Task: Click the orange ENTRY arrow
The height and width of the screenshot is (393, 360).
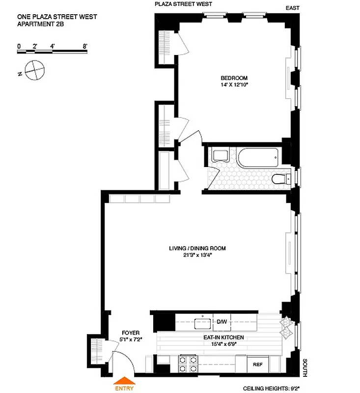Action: [x=124, y=380]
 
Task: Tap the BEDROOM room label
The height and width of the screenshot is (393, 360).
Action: [x=234, y=78]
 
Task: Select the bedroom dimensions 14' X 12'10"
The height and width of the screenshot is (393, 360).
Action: [x=234, y=84]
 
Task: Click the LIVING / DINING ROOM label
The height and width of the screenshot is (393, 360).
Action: [x=197, y=249]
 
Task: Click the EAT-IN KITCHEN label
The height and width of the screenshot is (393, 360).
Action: [x=224, y=338]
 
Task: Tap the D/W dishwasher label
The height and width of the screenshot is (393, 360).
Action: [x=222, y=322]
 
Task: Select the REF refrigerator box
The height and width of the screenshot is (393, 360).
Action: [x=257, y=365]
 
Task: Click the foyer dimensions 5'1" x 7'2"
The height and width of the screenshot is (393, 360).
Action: [x=130, y=339]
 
